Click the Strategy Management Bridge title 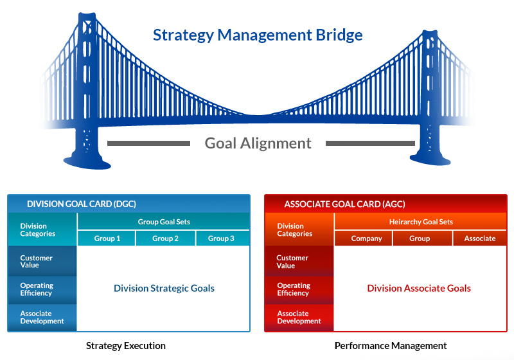point(257,35)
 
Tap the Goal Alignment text point(258,143)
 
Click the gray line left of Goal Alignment point(149,143)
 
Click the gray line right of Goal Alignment point(370,143)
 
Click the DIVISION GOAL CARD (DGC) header point(81,204)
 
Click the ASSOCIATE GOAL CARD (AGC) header point(344,204)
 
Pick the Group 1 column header point(107,239)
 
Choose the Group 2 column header point(165,239)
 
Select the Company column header point(366,239)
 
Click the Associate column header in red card point(479,239)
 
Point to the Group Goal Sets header point(164,222)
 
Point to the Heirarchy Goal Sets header point(421,222)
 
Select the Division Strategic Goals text point(164,289)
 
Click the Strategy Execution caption point(126,346)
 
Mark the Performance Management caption point(391,346)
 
